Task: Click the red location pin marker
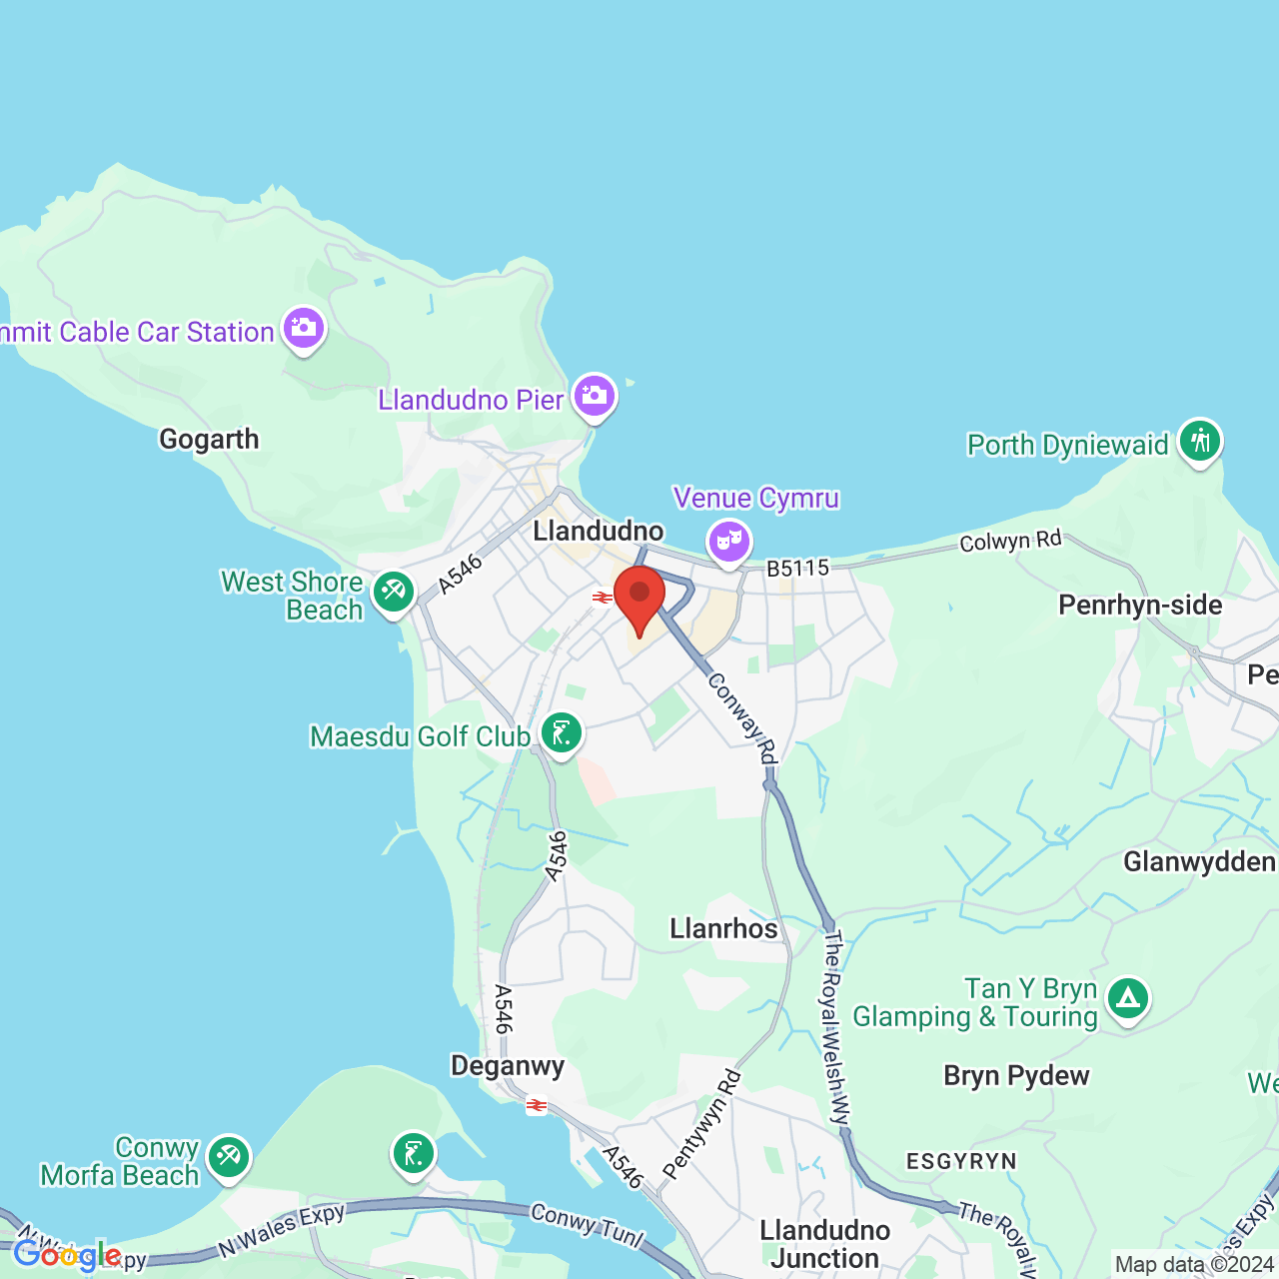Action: [639, 596]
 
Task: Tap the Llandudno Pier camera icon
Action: [595, 397]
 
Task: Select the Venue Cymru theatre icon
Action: [729, 543]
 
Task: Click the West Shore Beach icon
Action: [394, 593]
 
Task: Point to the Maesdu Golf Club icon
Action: [562, 734]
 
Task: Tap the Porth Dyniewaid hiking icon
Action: [1200, 441]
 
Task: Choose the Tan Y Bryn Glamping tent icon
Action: [1128, 998]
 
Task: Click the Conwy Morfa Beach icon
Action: [229, 1157]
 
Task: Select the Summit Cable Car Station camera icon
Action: [304, 329]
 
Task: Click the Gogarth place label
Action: [209, 439]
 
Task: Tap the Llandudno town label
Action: [598, 531]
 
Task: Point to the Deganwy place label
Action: [508, 1065]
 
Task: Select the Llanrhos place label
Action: [723, 928]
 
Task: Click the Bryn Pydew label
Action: [1016, 1075]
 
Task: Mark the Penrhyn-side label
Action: [1140, 605]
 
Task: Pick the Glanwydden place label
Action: [1199, 861]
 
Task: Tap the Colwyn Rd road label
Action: [1010, 541]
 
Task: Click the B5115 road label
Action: [797, 568]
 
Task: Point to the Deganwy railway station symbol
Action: [537, 1105]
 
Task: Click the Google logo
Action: [67, 1255]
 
